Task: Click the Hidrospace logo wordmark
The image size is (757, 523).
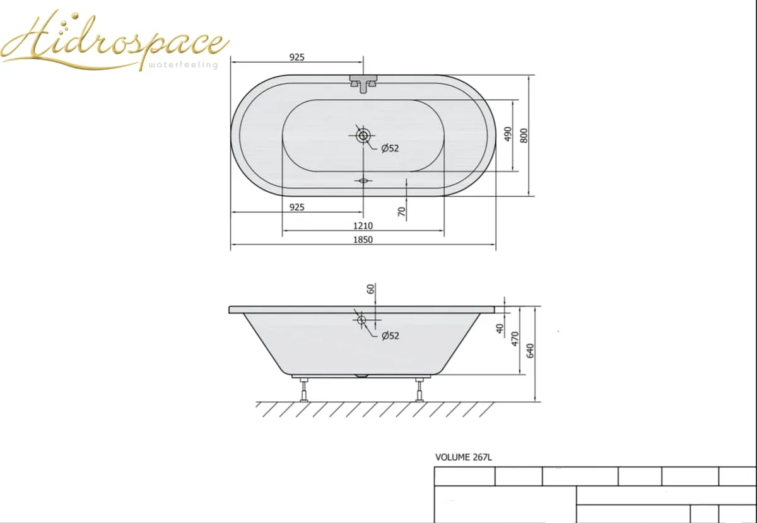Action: click(x=115, y=40)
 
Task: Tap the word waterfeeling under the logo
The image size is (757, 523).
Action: click(x=183, y=64)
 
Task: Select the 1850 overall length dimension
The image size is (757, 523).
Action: click(x=363, y=239)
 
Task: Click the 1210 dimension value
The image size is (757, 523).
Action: click(x=363, y=225)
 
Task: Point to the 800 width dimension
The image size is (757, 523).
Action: click(x=524, y=136)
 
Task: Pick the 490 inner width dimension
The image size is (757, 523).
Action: click(x=508, y=134)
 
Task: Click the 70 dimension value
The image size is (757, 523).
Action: click(x=401, y=212)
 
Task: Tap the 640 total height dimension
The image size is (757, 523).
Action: click(x=531, y=351)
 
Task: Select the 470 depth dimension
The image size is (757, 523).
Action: click(x=515, y=339)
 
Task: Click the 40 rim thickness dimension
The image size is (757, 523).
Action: click(x=500, y=328)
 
